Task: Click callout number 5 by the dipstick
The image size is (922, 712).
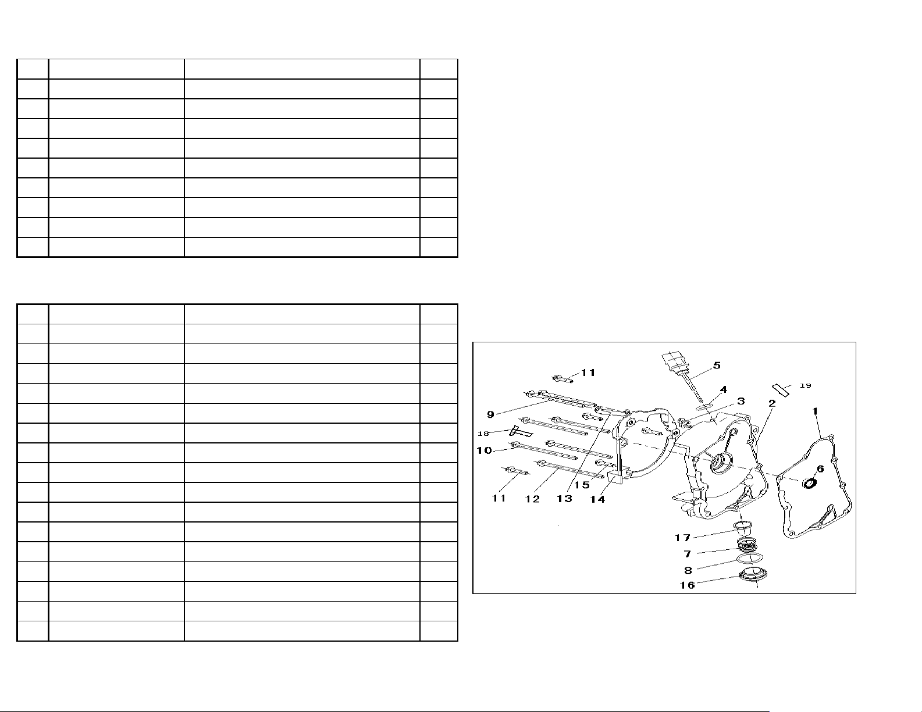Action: pyautogui.click(x=717, y=365)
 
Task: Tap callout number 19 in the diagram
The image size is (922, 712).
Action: pyautogui.click(x=805, y=385)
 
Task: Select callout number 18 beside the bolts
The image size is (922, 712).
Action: pyautogui.click(x=483, y=433)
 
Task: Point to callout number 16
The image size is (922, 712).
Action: pyautogui.click(x=688, y=585)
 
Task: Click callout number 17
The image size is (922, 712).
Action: pyautogui.click(x=683, y=538)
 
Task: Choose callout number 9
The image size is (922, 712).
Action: pyautogui.click(x=490, y=414)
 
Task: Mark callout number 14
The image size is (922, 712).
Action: pyautogui.click(x=597, y=499)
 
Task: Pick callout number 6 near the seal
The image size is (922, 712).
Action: pyautogui.click(x=820, y=468)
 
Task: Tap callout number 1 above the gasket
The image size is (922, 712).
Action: pyautogui.click(x=814, y=411)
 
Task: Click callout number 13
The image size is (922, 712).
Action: pyautogui.click(x=565, y=499)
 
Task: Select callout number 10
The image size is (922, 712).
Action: pyautogui.click(x=484, y=450)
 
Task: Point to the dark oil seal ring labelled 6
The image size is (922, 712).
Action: pyautogui.click(x=810, y=483)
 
